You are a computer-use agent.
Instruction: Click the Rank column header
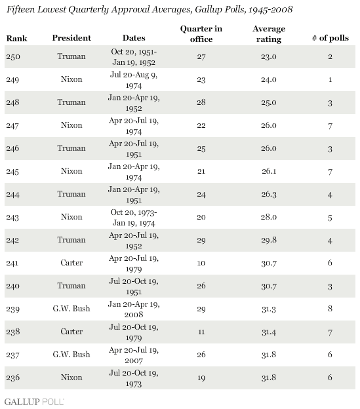16,38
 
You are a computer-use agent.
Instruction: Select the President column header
71,38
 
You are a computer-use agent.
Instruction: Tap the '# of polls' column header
330,38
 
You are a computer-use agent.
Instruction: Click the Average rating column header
269,34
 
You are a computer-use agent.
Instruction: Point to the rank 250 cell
13,56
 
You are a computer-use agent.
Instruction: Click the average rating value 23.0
269,56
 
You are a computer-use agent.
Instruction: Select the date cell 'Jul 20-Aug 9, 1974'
134,80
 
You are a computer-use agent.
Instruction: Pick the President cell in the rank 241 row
71,263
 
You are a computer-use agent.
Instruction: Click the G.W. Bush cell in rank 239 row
71,309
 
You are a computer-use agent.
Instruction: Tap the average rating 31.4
269,332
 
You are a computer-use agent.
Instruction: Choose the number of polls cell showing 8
330,309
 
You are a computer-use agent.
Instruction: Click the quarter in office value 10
201,263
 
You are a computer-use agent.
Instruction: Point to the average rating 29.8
269,240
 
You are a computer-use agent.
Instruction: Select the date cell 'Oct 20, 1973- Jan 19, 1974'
134,218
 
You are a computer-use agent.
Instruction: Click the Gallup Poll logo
34,402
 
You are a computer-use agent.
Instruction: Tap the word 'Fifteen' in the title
20,9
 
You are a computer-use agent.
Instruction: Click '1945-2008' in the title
270,10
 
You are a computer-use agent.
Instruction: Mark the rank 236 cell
13,378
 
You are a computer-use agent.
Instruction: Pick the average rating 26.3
269,194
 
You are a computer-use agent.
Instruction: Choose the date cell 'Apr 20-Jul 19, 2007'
134,355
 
